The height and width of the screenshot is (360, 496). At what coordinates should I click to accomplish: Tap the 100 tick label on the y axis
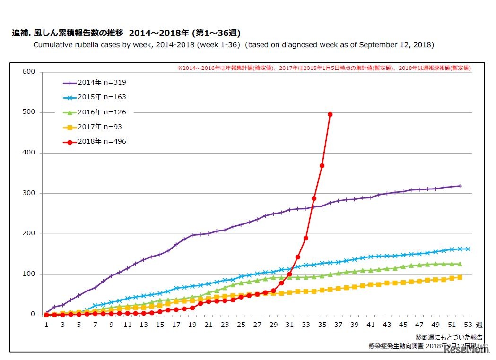[29, 274]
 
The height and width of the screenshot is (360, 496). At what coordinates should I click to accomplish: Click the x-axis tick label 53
[468, 325]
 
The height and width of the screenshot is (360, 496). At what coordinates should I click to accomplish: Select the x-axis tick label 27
[257, 325]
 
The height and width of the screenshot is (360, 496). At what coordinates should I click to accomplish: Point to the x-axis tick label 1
[46, 325]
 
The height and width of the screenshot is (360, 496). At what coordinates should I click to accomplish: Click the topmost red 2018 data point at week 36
[330, 114]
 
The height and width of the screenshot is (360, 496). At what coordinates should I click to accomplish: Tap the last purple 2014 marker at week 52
[460, 186]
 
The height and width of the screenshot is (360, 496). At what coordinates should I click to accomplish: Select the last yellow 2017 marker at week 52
[460, 277]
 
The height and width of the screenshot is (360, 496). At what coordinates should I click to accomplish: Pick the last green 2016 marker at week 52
[460, 264]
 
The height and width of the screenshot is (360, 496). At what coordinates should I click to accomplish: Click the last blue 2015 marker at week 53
[468, 249]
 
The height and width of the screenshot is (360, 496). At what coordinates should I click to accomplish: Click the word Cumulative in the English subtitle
[52, 45]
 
